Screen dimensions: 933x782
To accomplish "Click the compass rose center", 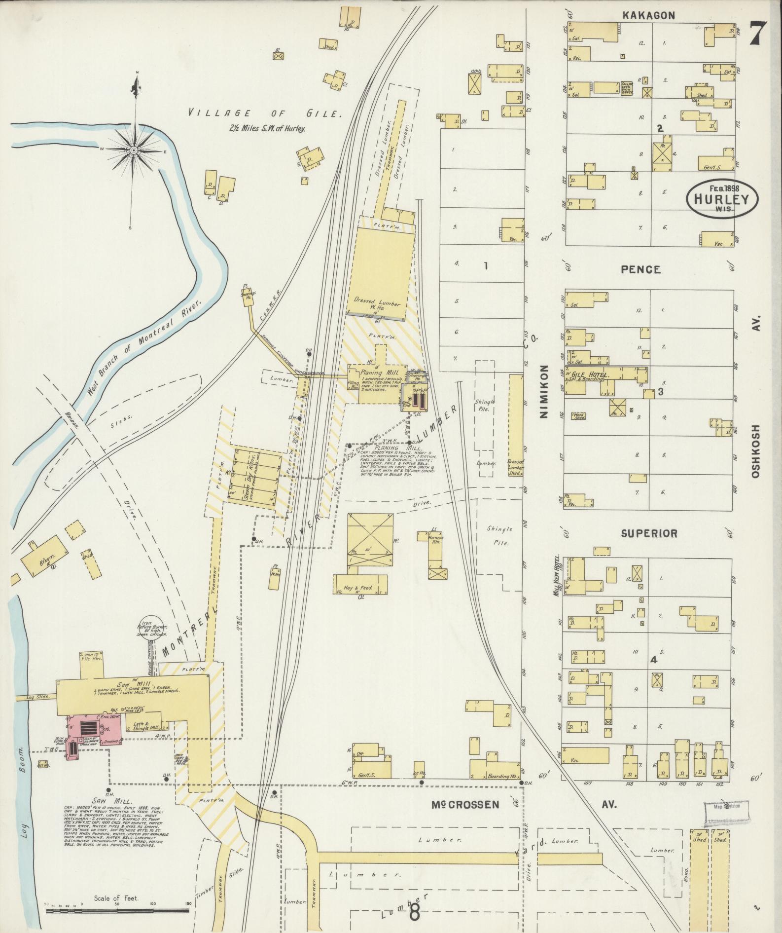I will [134, 149].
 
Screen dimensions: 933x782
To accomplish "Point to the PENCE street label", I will [640, 269].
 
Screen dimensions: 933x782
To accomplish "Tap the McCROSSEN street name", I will [465, 804].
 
